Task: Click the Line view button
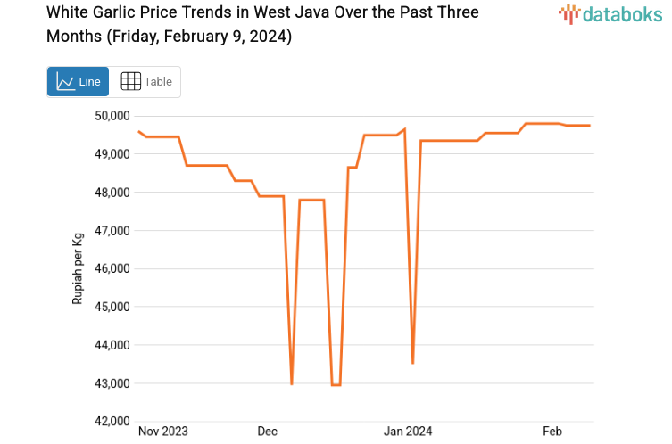click(x=78, y=81)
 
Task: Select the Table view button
click(x=145, y=81)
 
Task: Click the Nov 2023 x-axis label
click(x=163, y=432)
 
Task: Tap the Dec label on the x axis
click(x=268, y=432)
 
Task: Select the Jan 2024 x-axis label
click(x=407, y=432)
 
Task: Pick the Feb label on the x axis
click(x=552, y=432)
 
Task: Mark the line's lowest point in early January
click(x=412, y=363)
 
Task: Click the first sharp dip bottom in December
click(x=292, y=383)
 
